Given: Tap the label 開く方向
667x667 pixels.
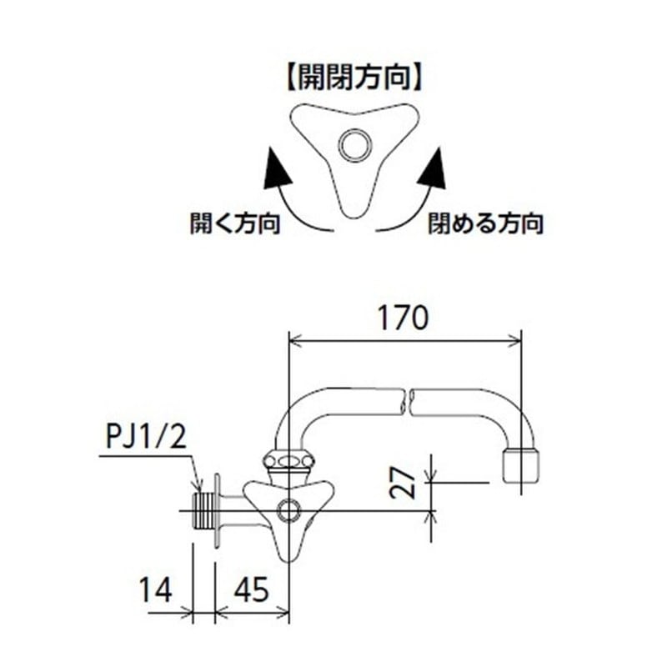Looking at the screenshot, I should point(234,223).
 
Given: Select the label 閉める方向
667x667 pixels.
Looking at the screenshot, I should point(486,223).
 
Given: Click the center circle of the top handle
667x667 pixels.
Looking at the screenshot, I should point(354,144).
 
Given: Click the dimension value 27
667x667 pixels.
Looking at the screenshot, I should point(404,483).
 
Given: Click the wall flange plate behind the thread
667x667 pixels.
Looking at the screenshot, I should point(217,509).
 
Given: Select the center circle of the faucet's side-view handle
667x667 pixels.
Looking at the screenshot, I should point(289,508).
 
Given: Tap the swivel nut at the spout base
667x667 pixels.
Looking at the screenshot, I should point(288,461).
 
